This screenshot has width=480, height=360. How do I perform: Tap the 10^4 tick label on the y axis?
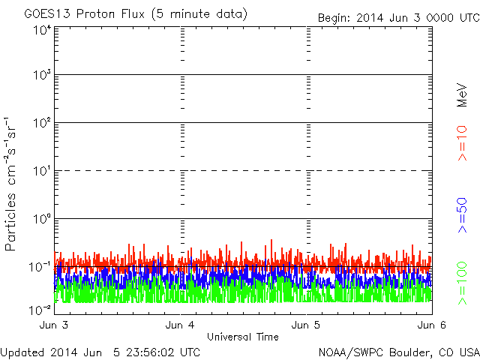(x=41, y=30)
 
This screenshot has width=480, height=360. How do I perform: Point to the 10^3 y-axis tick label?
(x=41, y=75)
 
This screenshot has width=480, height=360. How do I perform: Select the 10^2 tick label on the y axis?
(x=41, y=122)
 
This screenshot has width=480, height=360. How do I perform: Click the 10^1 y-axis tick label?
(x=41, y=170)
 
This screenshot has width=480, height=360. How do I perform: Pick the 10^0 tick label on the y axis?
(x=41, y=218)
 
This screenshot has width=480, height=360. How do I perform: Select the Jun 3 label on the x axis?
(x=55, y=325)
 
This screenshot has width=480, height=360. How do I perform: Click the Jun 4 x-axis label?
(x=181, y=325)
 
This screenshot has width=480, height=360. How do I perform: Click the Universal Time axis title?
(x=242, y=337)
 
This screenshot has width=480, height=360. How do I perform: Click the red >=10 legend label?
(x=462, y=144)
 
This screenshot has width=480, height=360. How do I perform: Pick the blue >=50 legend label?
(x=462, y=214)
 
